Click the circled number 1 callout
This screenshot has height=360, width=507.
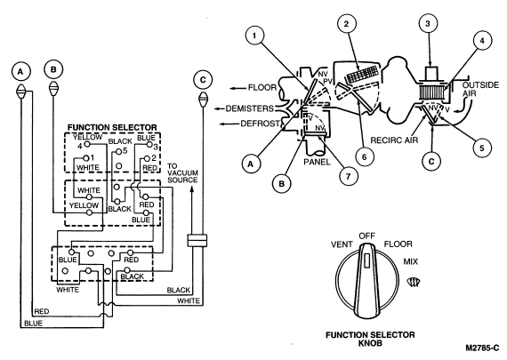(x=254, y=36)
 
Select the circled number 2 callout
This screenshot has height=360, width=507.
(x=346, y=24)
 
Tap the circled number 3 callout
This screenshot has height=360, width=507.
(x=428, y=23)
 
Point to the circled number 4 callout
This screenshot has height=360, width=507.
(x=482, y=41)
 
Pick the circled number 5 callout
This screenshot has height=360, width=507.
(x=482, y=148)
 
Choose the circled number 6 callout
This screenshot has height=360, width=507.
(x=365, y=157)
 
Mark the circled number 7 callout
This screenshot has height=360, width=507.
(x=349, y=176)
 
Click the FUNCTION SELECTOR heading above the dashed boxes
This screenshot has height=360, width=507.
(x=112, y=128)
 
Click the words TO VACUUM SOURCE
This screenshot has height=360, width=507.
(x=182, y=173)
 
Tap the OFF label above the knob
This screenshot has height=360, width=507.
(x=367, y=236)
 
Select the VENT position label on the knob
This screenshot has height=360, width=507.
(x=342, y=244)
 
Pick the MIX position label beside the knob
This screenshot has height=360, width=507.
(x=410, y=261)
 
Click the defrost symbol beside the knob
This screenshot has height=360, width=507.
(x=414, y=283)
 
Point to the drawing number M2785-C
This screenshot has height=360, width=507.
(x=482, y=348)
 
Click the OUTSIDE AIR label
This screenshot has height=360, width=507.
(x=480, y=89)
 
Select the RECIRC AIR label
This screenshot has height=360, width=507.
(x=394, y=140)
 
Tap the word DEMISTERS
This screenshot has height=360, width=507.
(x=249, y=108)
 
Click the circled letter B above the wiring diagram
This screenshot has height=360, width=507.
(x=53, y=69)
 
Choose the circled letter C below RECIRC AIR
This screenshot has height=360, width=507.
(x=431, y=161)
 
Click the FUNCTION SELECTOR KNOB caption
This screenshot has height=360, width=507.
(x=370, y=339)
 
